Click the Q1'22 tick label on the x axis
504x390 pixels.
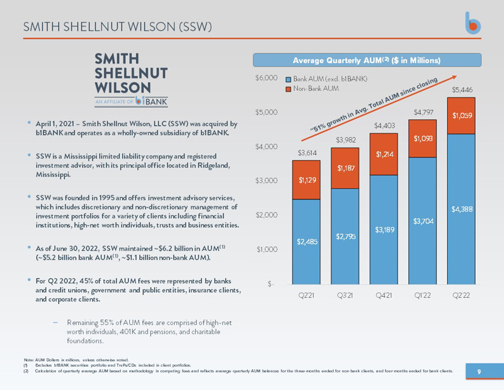422,295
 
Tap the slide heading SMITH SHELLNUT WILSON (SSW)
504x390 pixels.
117,27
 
